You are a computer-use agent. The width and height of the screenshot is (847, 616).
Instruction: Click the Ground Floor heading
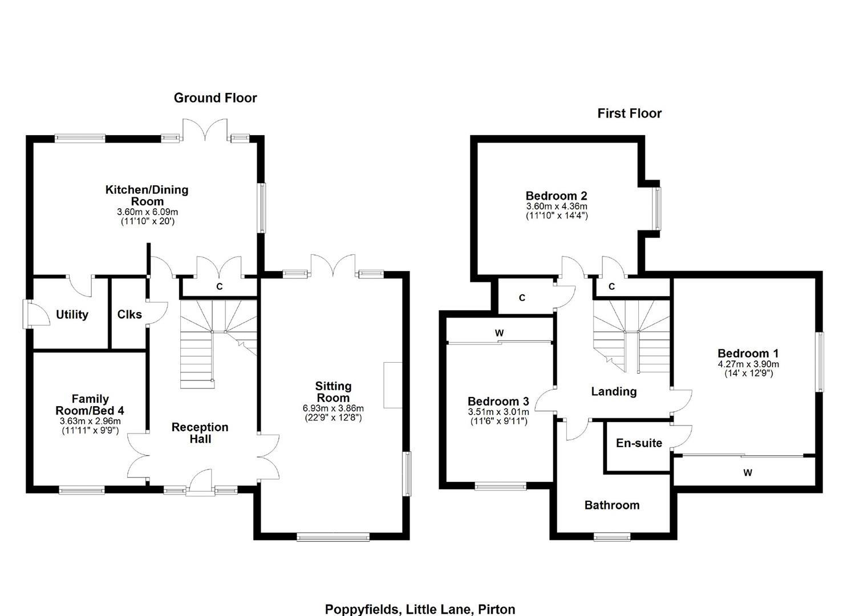tap(215, 98)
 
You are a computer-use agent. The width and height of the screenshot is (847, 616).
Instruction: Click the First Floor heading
tap(629, 114)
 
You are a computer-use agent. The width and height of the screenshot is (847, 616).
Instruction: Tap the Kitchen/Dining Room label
tap(147, 195)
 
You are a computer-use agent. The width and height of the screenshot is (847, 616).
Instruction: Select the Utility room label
tap(72, 315)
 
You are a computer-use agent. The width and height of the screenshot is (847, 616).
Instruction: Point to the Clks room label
tap(129, 314)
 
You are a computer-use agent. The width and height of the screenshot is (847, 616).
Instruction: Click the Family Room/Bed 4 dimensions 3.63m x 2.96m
tap(90, 422)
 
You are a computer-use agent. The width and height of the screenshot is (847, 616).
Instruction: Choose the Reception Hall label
tap(200, 433)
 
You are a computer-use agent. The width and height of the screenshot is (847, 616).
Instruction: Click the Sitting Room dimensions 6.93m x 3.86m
tap(333, 408)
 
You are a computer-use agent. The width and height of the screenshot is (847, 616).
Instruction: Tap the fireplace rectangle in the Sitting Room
tap(392, 385)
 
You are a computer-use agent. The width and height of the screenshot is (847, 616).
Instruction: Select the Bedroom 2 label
tap(556, 196)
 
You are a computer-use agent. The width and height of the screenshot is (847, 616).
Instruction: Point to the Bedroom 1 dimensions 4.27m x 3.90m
tap(748, 364)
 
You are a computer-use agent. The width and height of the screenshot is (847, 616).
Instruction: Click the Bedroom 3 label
tap(498, 402)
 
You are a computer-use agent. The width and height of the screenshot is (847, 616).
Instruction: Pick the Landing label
tap(613, 391)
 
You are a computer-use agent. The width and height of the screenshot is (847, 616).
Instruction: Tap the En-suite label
tap(639, 443)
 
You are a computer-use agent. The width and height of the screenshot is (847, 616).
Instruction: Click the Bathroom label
tap(611, 505)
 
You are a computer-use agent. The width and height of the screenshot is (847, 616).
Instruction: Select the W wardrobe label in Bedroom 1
tap(747, 473)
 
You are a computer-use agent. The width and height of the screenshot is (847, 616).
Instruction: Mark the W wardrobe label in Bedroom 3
tap(499, 333)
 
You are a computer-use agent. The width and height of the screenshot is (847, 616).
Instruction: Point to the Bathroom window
tap(611, 536)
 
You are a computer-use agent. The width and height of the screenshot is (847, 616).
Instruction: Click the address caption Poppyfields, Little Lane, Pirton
tap(420, 609)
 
